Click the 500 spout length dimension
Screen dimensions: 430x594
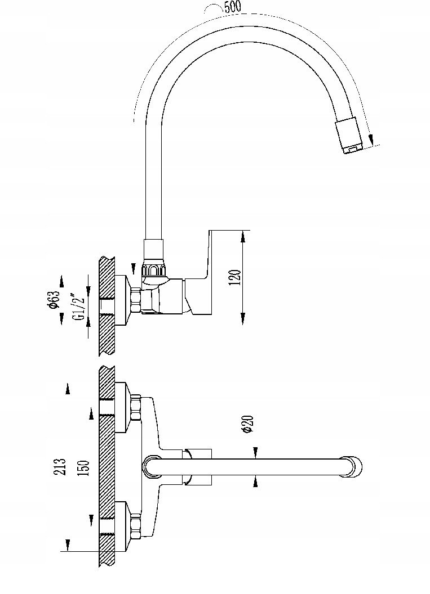[x=233, y=6]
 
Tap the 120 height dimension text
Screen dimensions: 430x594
[x=236, y=277]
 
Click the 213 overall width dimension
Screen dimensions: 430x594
[x=61, y=466]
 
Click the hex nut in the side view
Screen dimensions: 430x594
[x=135, y=300]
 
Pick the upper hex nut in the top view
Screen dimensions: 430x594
[x=135, y=408]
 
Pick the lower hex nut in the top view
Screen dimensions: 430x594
[x=135, y=526]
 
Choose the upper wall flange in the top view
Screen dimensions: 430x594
[x=121, y=408]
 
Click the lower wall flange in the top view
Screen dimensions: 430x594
[x=121, y=526]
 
